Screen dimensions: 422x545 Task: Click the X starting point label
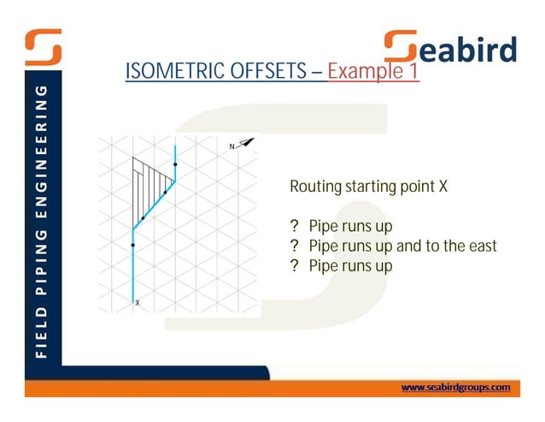(x=138, y=302)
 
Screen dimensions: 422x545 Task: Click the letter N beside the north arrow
(x=231, y=147)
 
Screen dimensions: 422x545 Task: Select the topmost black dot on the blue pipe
(x=175, y=163)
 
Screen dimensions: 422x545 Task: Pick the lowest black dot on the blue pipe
(x=133, y=245)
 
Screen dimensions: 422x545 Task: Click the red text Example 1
(x=373, y=71)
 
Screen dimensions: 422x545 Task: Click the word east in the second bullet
(x=479, y=247)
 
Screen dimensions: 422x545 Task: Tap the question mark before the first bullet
(x=294, y=227)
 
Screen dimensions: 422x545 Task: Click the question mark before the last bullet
(x=294, y=266)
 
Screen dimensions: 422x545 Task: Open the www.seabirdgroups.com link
(x=455, y=388)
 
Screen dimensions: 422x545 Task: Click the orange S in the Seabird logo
(x=401, y=49)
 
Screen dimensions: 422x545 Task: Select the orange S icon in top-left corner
(x=42, y=47)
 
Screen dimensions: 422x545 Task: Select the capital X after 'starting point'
(x=442, y=186)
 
